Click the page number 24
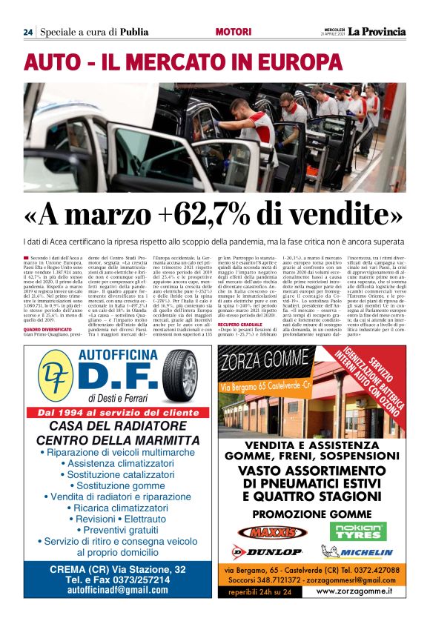27,32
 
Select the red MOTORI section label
233,32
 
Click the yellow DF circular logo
56,379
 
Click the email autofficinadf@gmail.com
117,590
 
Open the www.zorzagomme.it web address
353,591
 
